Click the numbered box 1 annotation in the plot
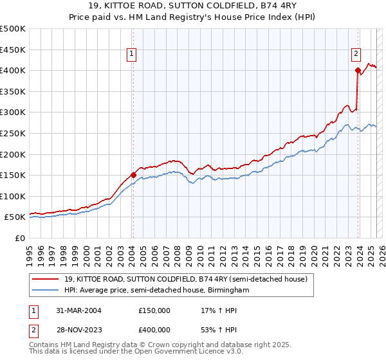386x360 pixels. (131, 55)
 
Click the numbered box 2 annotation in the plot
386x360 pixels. (356, 55)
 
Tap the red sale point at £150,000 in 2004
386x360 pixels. (133, 174)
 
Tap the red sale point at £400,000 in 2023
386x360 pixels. (357, 70)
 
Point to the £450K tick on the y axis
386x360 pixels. (13, 50)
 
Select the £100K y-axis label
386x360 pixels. (13, 196)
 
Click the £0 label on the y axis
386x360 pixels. (20, 238)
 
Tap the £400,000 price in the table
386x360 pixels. (154, 330)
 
